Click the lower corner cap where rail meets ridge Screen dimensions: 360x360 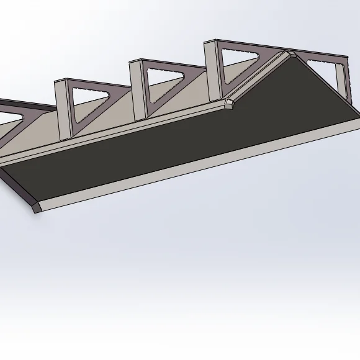click(230, 103)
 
